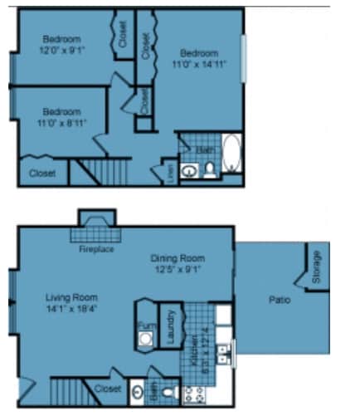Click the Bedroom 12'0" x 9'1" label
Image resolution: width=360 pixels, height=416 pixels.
click(62, 44)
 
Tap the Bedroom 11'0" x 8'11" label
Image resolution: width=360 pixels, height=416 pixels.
click(62, 117)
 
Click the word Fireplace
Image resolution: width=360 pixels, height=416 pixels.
click(96, 249)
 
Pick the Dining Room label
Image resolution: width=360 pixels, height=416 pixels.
click(177, 262)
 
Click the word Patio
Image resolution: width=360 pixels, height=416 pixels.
click(279, 299)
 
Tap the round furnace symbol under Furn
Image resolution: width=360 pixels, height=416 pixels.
click(146, 339)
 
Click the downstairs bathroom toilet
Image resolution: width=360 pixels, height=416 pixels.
click(171, 390)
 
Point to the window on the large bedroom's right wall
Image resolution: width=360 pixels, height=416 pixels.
click(243, 58)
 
